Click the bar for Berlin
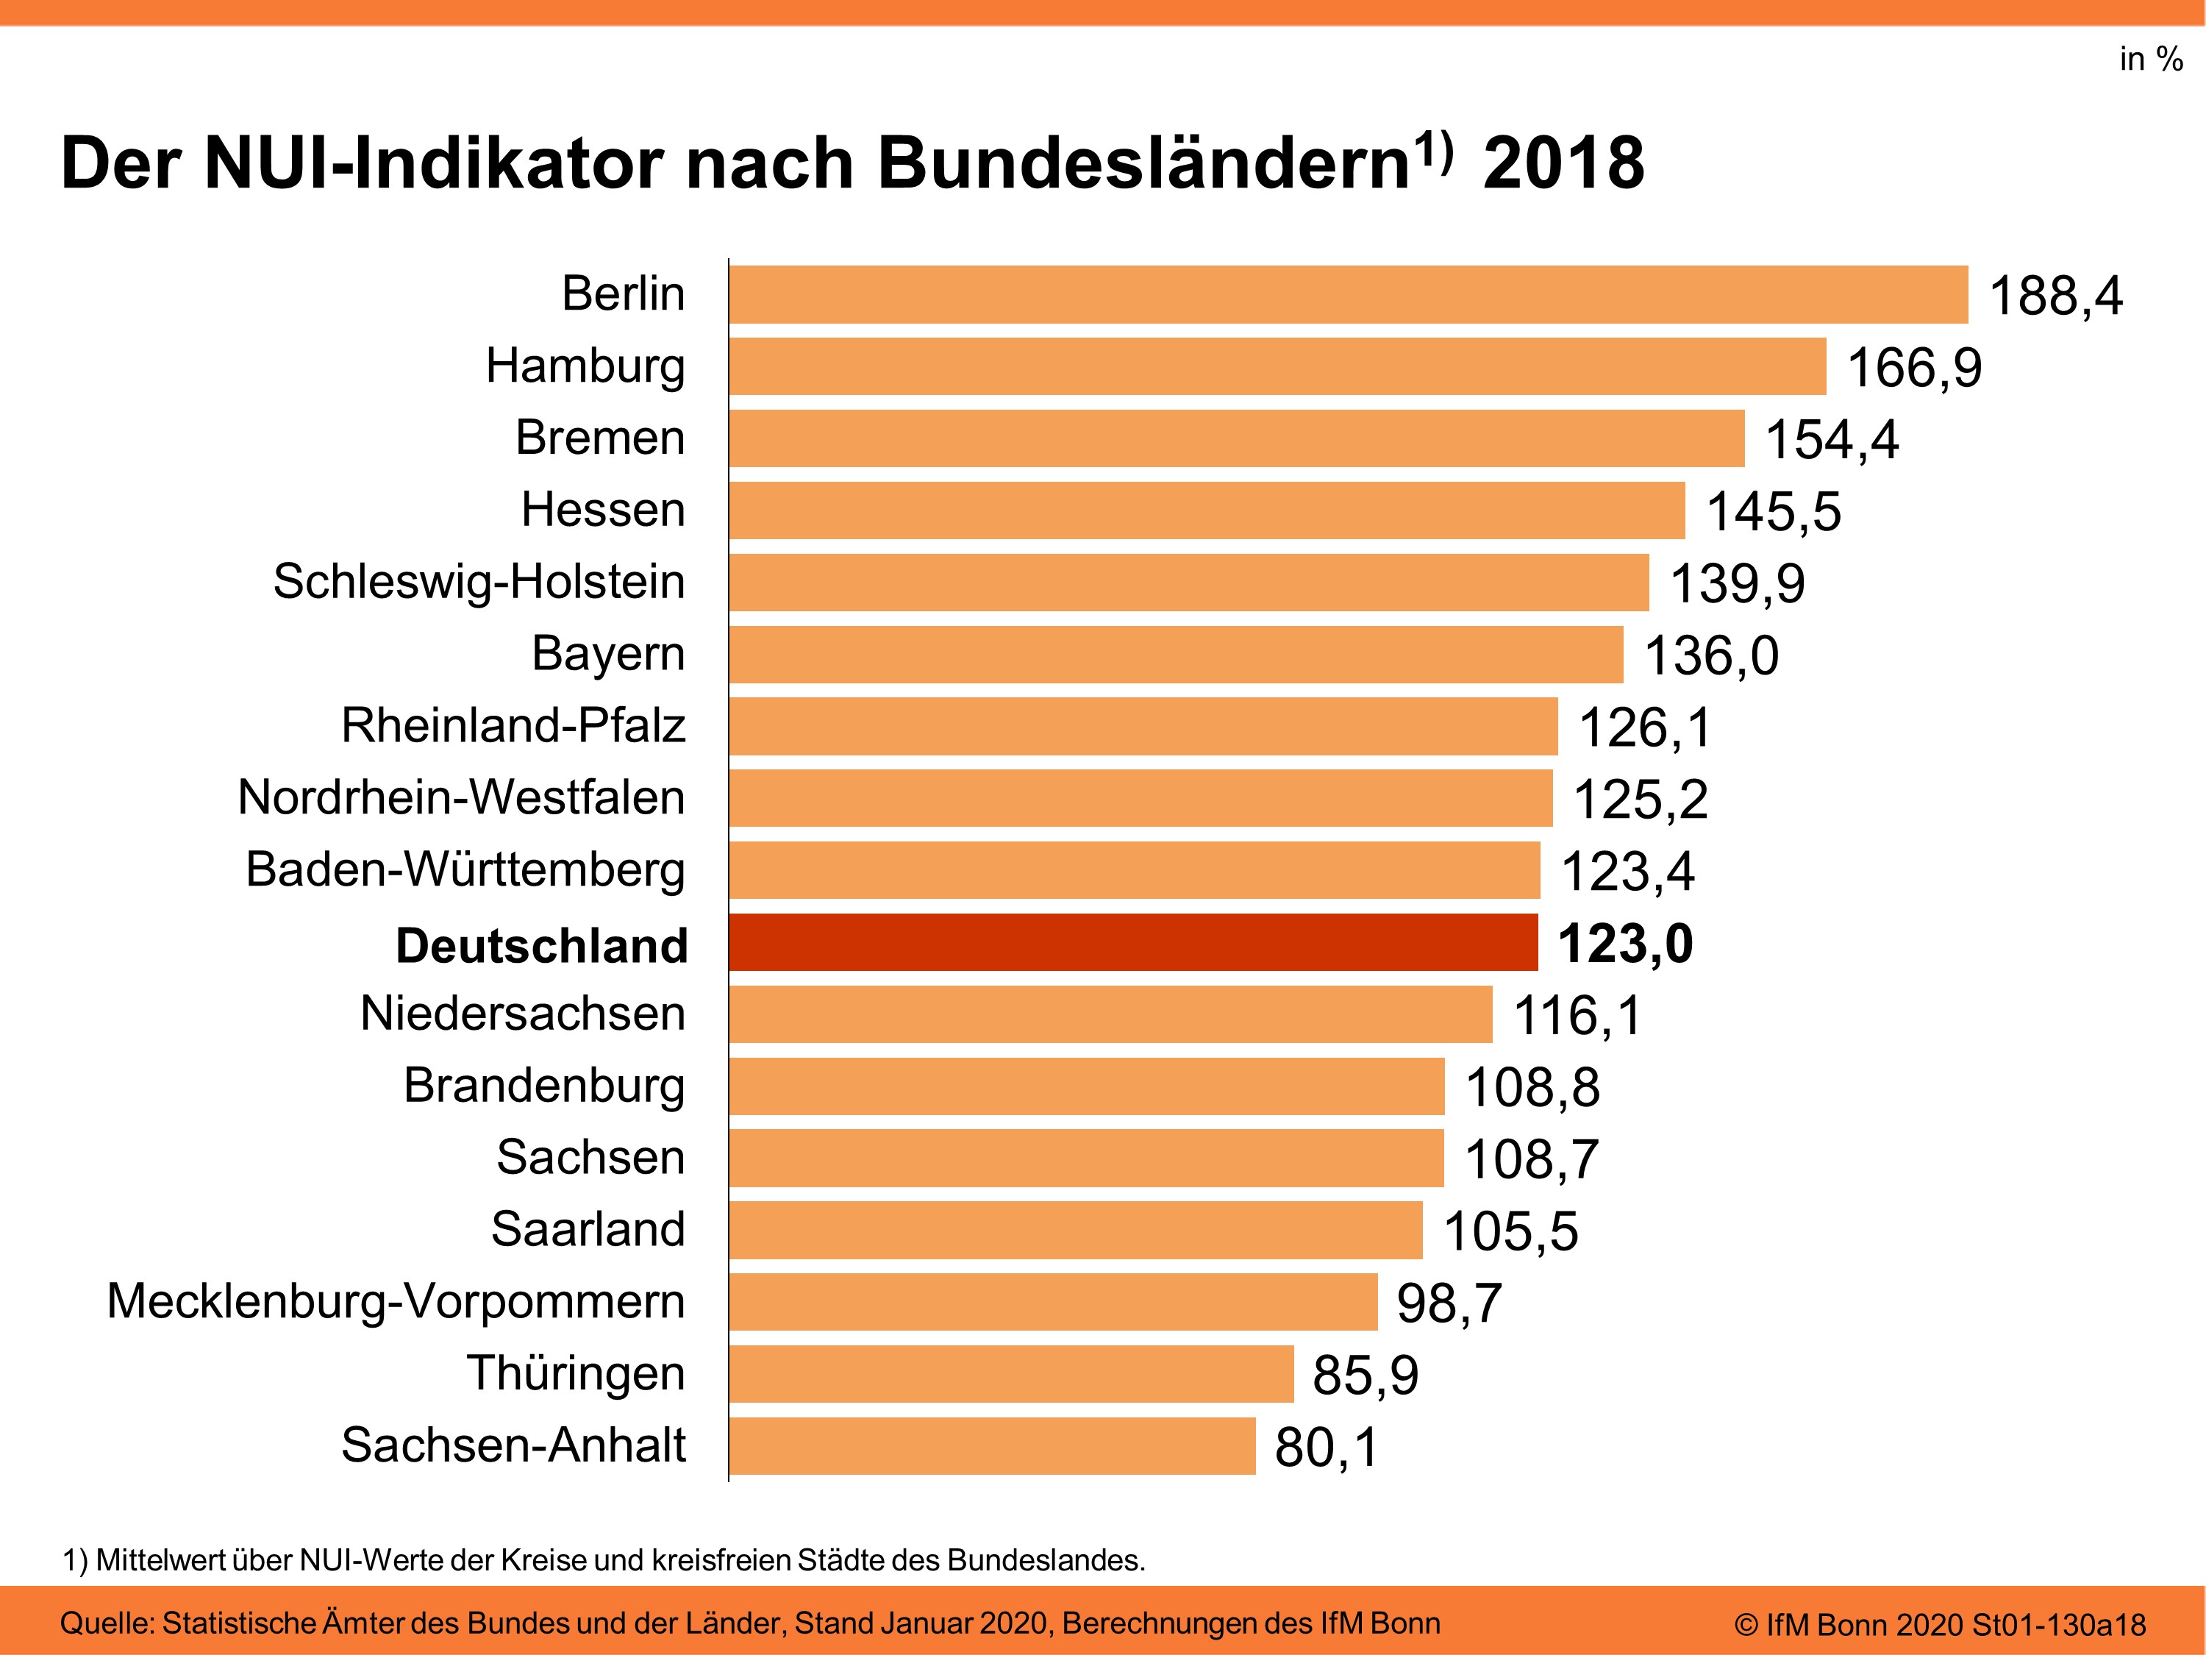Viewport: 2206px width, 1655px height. point(1349,294)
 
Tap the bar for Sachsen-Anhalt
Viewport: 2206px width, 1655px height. point(992,1445)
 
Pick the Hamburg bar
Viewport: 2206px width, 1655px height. point(1277,366)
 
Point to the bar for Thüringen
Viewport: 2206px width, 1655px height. point(1011,1374)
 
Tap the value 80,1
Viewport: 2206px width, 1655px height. point(1327,1448)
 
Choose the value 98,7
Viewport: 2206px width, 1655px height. point(1449,1303)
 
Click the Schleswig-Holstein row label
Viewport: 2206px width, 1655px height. point(479,582)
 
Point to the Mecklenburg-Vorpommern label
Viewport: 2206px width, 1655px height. point(396,1301)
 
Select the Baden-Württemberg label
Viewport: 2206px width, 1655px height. point(465,869)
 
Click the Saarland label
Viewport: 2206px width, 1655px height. point(588,1229)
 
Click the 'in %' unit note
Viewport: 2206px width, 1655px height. point(2150,59)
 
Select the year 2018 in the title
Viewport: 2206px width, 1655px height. point(1563,163)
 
